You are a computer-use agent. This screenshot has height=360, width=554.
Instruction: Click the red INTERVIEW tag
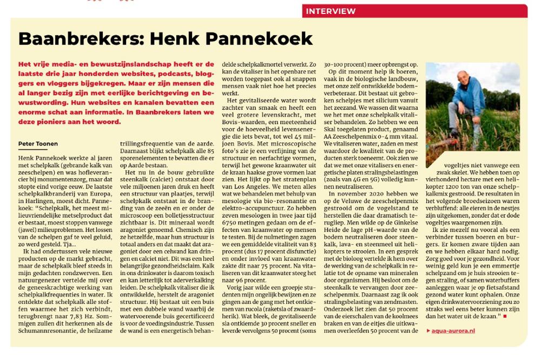coord(331,11)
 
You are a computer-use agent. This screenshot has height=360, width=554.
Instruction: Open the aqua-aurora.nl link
coord(453,330)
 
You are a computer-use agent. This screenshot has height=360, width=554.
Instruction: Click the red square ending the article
coord(505,316)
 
